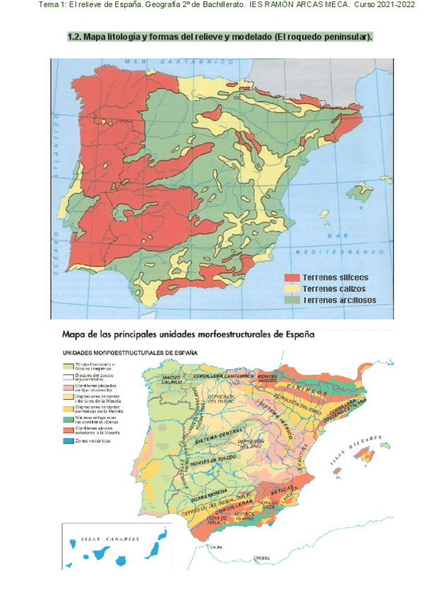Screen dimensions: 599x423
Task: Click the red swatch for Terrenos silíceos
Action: click(x=292, y=277)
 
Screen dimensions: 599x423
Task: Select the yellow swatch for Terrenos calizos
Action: click(x=292, y=289)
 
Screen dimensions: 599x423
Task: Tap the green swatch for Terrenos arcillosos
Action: click(x=292, y=300)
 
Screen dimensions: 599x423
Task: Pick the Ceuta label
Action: click(x=207, y=546)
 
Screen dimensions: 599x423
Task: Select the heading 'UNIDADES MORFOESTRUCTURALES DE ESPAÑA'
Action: click(x=130, y=351)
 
